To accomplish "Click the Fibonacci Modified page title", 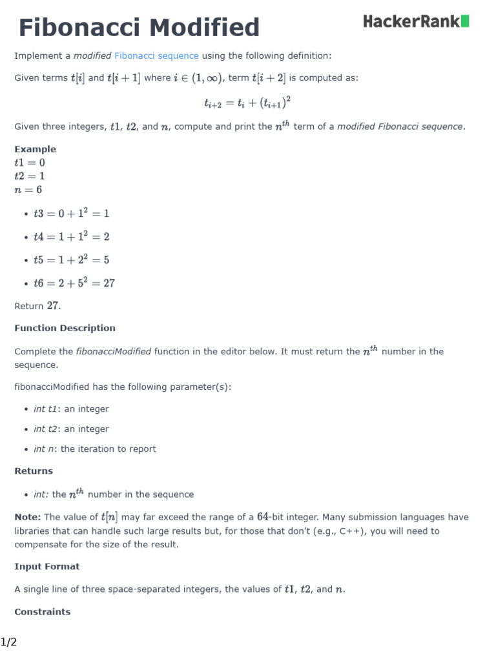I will click(139, 28).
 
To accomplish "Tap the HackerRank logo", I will click(416, 22).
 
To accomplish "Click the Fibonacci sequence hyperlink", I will click(156, 56).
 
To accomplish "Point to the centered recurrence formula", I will click(242, 102).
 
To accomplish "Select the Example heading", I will click(35, 149).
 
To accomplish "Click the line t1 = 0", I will click(30, 163).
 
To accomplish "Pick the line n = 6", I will click(28, 190).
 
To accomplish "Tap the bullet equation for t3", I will click(71, 214).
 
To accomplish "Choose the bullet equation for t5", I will click(71, 260).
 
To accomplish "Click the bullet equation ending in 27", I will click(74, 283).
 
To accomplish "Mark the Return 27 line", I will click(37, 306).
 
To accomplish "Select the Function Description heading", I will click(65, 328).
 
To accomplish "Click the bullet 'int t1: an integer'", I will click(71, 409).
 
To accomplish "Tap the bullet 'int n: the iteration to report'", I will click(94, 449).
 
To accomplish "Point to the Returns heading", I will click(34, 471).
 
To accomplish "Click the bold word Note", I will click(28, 517).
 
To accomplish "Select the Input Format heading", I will click(47, 566).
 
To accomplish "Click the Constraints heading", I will click(43, 611).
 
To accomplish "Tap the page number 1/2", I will click(8, 642).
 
